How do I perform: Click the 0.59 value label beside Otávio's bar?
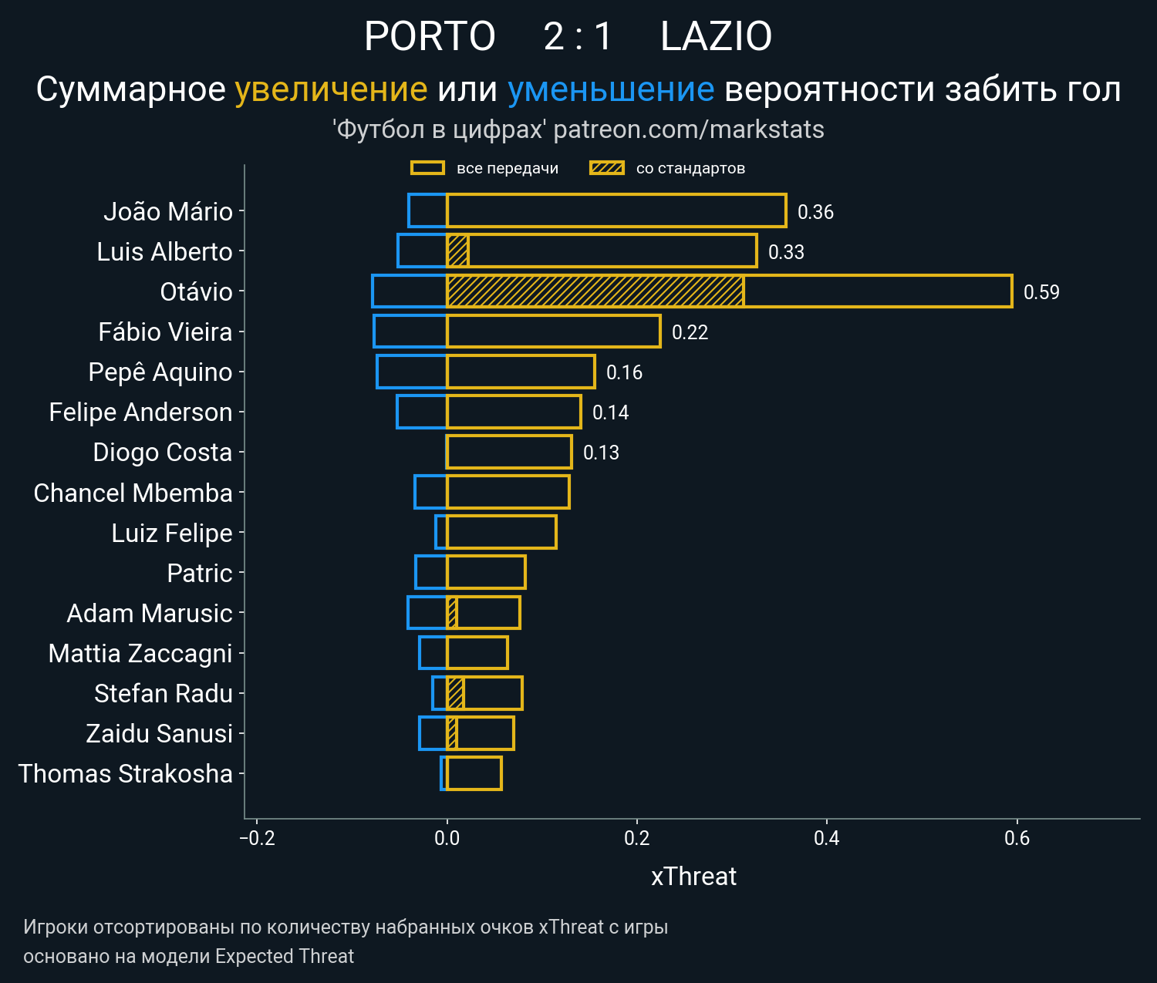[1041, 292]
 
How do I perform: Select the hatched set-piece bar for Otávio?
[595, 291]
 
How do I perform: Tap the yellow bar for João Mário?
[616, 211]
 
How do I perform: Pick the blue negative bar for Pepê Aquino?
[412, 372]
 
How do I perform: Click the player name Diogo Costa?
[162, 453]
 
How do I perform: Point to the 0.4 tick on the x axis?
[827, 838]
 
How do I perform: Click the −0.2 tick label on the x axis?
[257, 838]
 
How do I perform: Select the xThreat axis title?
[693, 877]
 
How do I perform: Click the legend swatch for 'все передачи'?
[427, 168]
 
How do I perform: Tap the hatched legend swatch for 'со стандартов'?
[606, 168]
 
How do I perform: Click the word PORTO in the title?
[430, 36]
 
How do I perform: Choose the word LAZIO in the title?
[716, 36]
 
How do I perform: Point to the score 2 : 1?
[578, 36]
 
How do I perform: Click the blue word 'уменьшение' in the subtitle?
[611, 89]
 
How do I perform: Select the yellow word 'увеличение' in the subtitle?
[331, 89]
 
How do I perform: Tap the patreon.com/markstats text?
[689, 130]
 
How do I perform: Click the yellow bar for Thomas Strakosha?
[474, 773]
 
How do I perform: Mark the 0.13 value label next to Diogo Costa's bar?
[601, 453]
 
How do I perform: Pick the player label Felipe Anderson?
[140, 412]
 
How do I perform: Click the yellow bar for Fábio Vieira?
[553, 332]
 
